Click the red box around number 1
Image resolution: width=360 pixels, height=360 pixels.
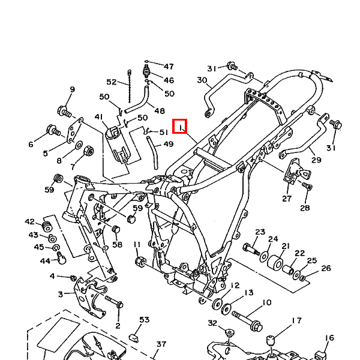pyautogui.click(x=180, y=127)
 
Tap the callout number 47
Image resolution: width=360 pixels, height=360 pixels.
pyautogui.click(x=169, y=67)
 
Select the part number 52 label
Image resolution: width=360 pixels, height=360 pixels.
pyautogui.click(x=112, y=82)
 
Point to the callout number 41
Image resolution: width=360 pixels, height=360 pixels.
pyautogui.click(x=98, y=117)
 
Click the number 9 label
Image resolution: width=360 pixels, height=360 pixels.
pyautogui.click(x=72, y=90)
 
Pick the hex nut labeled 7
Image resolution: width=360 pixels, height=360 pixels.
pyautogui.click(x=86, y=149)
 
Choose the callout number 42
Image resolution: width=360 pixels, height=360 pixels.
pyautogui.click(x=30, y=221)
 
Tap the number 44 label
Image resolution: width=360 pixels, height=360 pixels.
pyautogui.click(x=46, y=260)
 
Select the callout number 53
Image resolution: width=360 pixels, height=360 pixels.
pyautogui.click(x=144, y=320)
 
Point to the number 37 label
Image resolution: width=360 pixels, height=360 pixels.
pyautogui.click(x=161, y=344)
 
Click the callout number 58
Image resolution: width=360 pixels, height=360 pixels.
pyautogui.click(x=117, y=245)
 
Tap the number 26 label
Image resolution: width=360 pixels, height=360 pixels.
pyautogui.click(x=326, y=268)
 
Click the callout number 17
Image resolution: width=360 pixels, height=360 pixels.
pyautogui.click(x=296, y=321)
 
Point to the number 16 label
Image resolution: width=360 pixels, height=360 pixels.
pyautogui.click(x=329, y=338)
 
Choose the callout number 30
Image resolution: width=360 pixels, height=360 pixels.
pyautogui.click(x=202, y=80)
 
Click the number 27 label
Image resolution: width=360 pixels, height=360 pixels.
pyautogui.click(x=287, y=199)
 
